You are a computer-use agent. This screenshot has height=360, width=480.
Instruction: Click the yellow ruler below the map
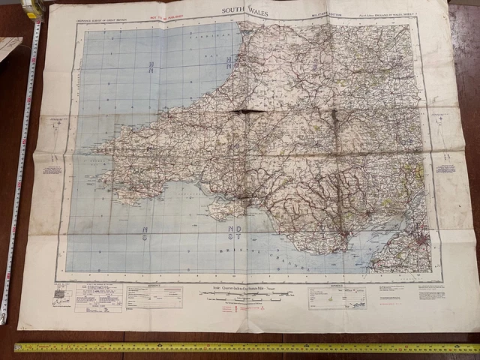[247, 348]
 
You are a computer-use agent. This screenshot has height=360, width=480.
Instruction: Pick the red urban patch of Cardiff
[344, 239]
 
